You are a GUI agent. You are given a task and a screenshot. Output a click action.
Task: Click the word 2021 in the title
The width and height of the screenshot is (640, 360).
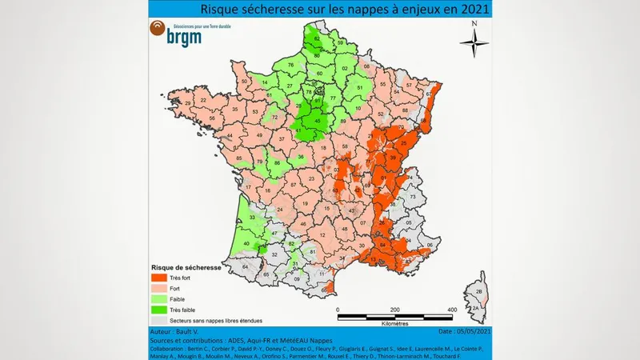tap(470, 9)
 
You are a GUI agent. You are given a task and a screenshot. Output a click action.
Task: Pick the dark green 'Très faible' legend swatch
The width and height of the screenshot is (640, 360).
tap(159, 309)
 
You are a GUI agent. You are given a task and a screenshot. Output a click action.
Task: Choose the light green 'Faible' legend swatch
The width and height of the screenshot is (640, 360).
tap(159, 299)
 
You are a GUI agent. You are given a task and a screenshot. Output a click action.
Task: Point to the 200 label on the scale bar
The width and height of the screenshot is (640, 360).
tap(394, 309)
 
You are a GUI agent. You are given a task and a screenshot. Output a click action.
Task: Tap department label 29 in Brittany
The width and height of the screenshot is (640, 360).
tap(188, 103)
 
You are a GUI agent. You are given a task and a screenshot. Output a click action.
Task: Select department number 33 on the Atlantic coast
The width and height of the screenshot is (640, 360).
tap(252, 217)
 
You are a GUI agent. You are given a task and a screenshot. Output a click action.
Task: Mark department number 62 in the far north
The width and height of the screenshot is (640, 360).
tap(317, 38)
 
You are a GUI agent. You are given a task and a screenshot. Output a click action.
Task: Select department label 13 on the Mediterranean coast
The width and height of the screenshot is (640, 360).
tap(373, 260)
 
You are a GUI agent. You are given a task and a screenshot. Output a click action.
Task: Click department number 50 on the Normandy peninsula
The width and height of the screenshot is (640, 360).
tap(244, 82)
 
